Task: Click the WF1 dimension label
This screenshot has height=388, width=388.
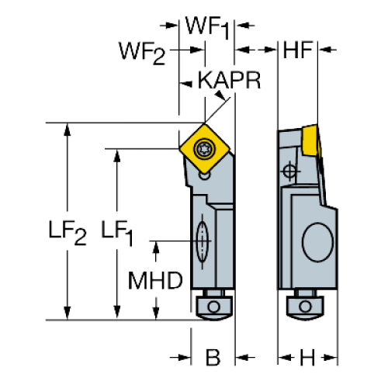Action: (207, 27)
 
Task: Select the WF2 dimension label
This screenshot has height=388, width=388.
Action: (142, 54)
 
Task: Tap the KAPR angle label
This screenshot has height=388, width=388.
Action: (229, 80)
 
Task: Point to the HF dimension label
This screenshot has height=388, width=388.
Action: (298, 50)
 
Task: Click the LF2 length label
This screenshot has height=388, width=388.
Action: (68, 232)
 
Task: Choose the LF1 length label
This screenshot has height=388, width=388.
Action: (117, 232)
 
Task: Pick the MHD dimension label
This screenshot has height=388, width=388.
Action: (155, 281)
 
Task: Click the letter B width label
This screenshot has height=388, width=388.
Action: (213, 358)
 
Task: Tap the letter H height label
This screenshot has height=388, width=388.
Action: (307, 358)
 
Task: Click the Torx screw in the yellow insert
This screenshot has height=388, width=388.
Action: (204, 149)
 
